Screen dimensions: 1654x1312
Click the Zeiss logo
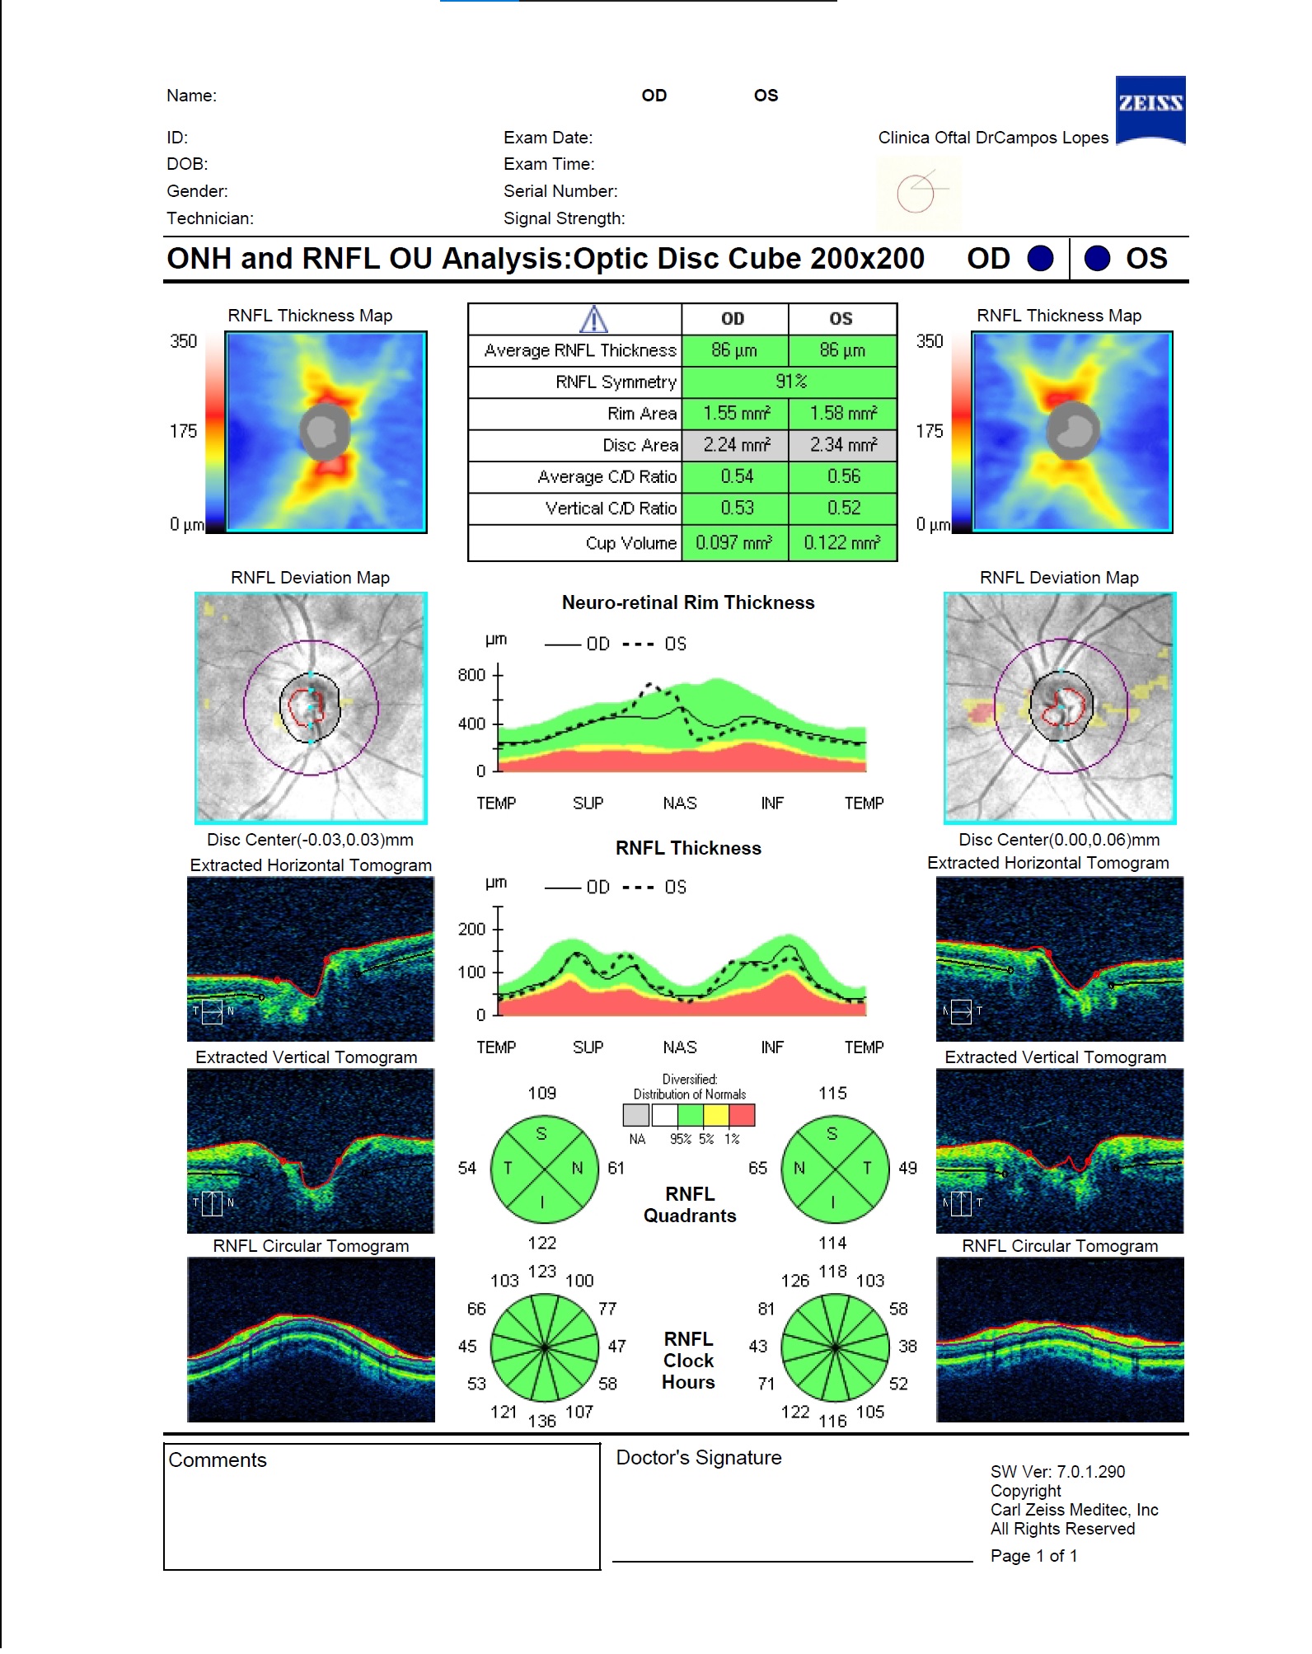(1150, 109)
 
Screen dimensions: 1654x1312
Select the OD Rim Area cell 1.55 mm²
(735, 414)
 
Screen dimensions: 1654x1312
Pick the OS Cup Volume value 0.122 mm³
(841, 543)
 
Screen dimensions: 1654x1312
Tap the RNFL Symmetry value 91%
(790, 382)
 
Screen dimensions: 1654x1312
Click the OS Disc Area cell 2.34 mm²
(841, 445)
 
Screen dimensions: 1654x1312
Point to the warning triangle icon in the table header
(593, 319)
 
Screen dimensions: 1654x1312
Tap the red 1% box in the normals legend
(742, 1115)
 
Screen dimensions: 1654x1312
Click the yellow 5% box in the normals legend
(715, 1115)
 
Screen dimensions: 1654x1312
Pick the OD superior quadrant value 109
(541, 1093)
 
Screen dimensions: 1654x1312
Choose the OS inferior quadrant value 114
(832, 1243)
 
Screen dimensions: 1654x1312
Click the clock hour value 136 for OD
(541, 1421)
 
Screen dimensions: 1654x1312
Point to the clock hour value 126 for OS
(794, 1281)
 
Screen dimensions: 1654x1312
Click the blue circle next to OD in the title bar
(1040, 259)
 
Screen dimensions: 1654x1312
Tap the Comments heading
(218, 1460)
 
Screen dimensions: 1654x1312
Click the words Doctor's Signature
(698, 1458)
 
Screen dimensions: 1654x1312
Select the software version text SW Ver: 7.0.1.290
(1057, 1472)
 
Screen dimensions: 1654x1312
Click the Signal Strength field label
(564, 218)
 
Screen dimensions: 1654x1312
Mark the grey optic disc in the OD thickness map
(325, 431)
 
